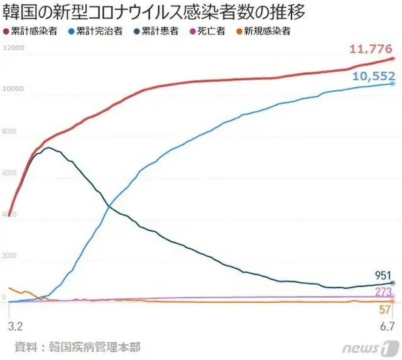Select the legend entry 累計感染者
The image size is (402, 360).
[x=34, y=31]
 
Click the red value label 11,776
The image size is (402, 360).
[x=371, y=49]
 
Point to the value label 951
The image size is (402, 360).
[x=383, y=275]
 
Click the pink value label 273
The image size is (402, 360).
[x=383, y=292]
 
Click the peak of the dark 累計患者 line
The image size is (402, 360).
[x=48, y=148]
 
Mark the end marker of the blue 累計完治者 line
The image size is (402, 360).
[x=392, y=83]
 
